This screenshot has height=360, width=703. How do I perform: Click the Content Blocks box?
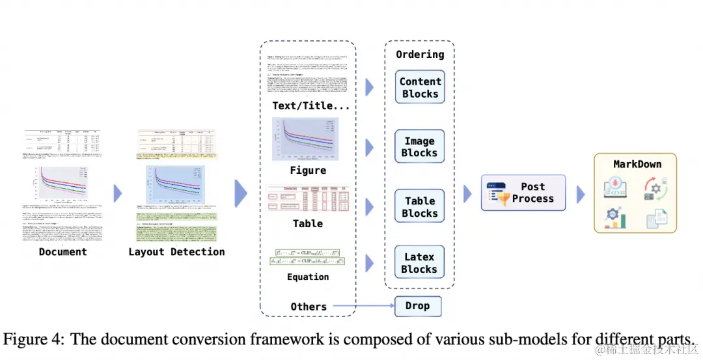click(420, 87)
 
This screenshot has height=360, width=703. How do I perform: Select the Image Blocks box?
click(419, 147)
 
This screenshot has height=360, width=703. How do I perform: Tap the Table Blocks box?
click(420, 207)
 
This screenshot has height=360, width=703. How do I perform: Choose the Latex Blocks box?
click(419, 263)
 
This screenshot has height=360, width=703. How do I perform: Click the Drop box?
click(417, 305)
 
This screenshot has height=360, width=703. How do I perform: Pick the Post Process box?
click(523, 193)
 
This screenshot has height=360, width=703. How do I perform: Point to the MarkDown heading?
click(637, 164)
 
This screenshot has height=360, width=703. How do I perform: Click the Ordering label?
click(420, 55)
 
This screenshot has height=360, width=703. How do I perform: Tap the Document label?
click(62, 252)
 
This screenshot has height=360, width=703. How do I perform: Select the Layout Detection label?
click(176, 252)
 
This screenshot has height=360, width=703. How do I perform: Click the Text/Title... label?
click(311, 105)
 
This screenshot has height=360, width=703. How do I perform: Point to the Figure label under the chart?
click(308, 171)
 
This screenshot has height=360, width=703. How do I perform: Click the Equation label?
click(308, 277)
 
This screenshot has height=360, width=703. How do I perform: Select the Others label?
click(309, 306)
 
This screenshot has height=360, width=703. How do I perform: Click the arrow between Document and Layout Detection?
click(118, 193)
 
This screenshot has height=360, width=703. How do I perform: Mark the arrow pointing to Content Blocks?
click(370, 87)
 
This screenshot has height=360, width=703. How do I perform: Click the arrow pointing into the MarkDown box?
click(581, 193)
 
